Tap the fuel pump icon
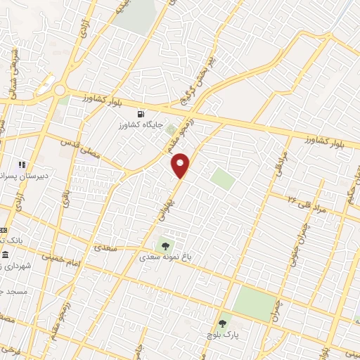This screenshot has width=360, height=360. tap(143, 114)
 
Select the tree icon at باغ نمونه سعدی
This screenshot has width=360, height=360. tap(165, 246)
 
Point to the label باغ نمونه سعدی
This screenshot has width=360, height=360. tap(169, 258)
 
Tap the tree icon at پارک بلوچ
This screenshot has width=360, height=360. tap(223, 322)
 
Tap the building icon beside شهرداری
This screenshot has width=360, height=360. tap(6, 255)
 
